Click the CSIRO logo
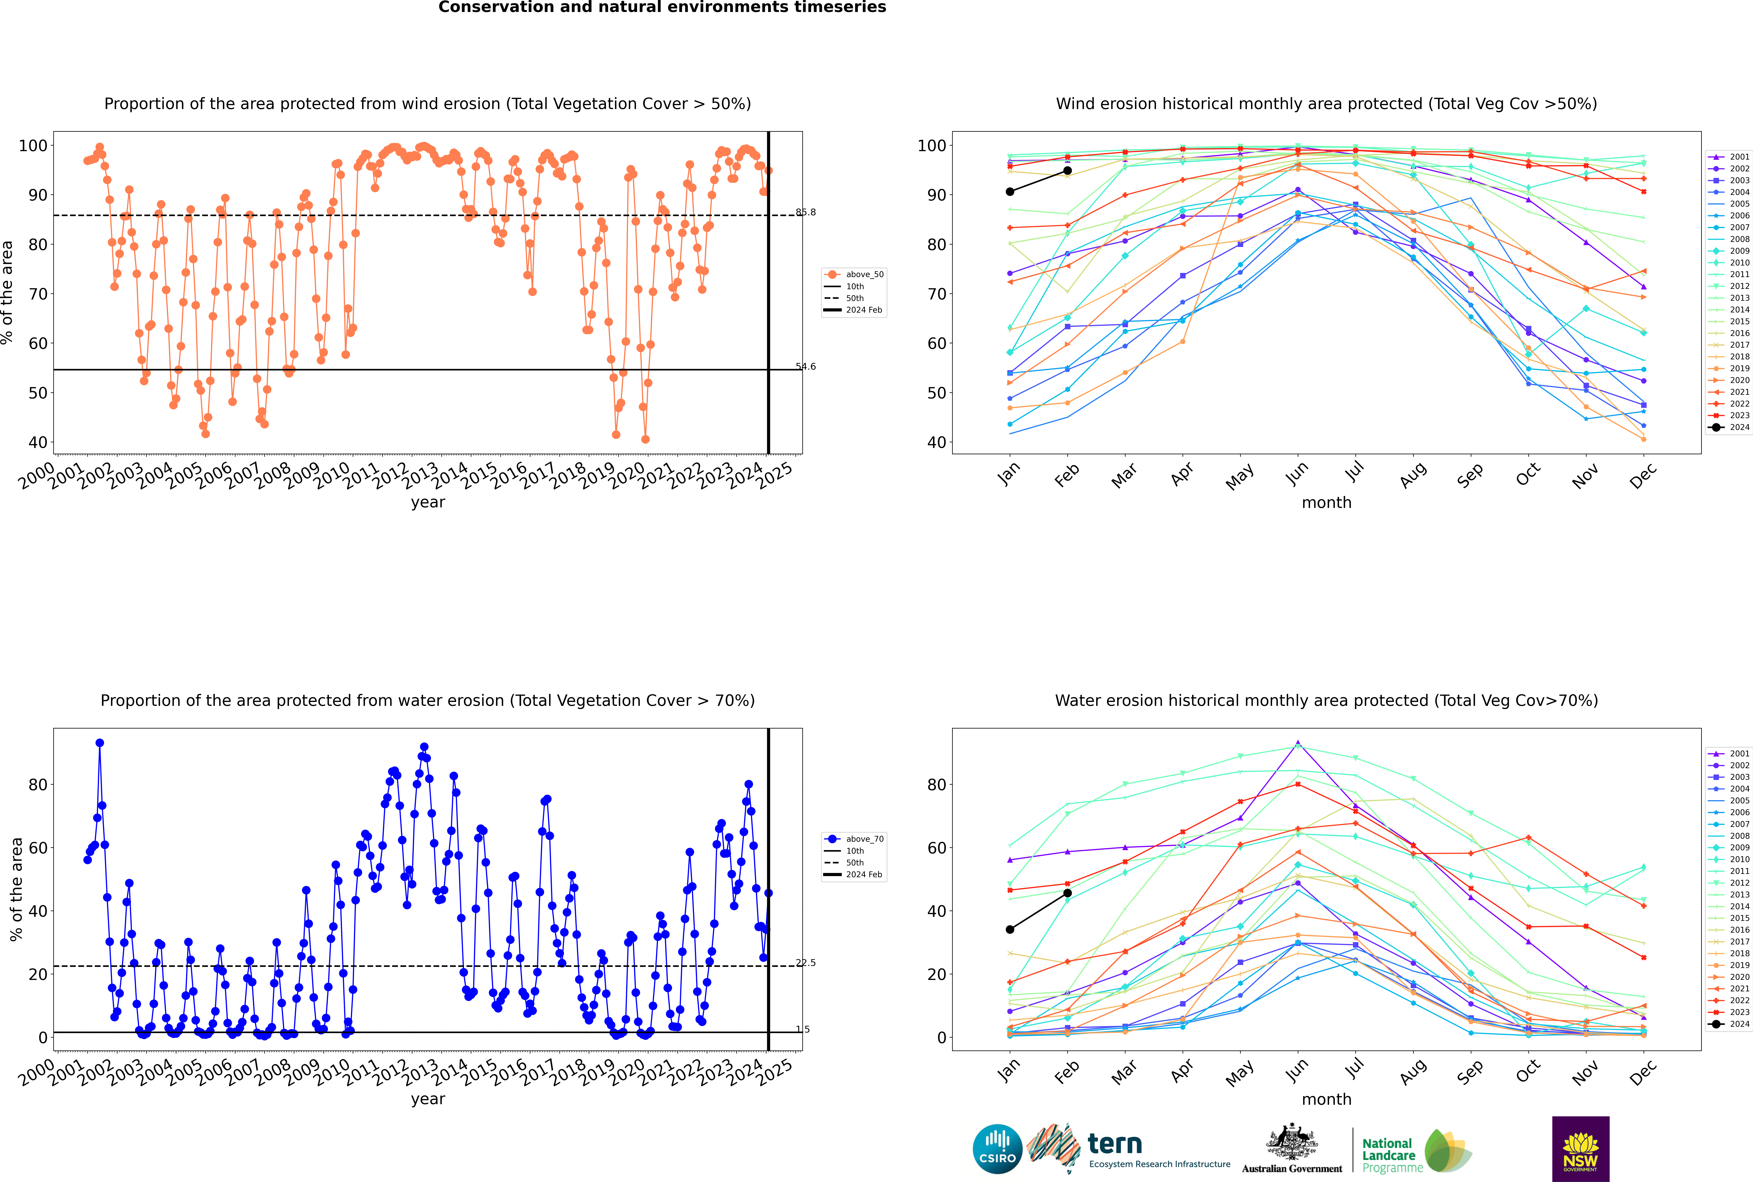pos(997,1149)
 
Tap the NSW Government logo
pos(1580,1148)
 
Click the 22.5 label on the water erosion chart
pos(806,963)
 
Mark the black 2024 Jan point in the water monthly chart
pos(1010,929)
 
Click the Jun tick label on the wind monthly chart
pos(1297,473)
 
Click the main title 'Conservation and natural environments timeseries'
pos(662,7)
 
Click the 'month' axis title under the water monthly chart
pos(1326,1099)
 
